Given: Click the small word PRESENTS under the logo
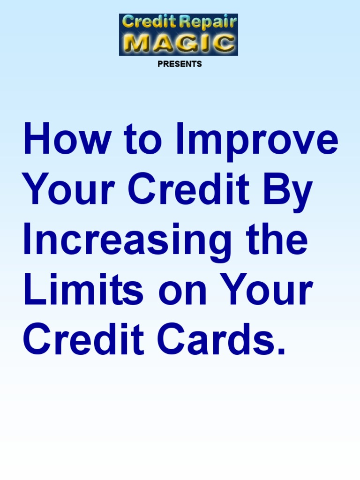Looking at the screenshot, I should point(180,64).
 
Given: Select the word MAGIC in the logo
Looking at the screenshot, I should point(179,44).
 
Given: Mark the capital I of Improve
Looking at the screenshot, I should point(180,139).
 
